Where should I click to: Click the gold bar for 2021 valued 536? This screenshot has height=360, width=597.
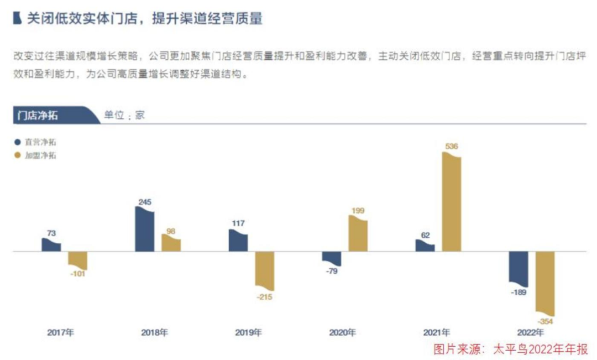451,203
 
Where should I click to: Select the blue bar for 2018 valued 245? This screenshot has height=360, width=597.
144,229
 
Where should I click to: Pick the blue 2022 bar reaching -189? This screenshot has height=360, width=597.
518,269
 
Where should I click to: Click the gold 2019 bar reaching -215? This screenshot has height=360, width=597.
264,270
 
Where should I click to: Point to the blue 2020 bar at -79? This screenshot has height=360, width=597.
332,258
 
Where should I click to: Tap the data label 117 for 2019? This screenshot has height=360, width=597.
238,223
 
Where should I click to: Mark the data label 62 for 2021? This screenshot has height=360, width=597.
425,235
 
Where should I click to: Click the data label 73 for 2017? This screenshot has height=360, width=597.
51,233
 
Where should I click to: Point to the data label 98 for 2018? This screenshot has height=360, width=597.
171,231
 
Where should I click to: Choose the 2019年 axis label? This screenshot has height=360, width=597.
248,333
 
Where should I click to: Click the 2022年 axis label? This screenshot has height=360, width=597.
530,333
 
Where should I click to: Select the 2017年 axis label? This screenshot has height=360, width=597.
60,333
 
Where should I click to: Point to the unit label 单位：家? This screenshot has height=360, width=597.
124,116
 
